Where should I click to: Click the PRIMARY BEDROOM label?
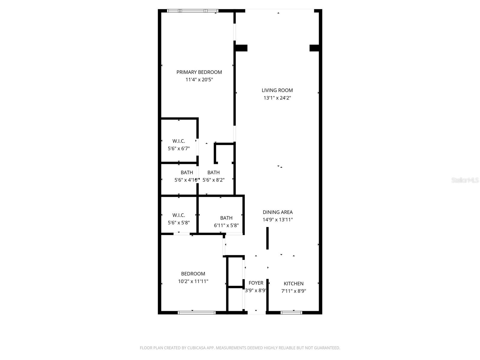click(x=199, y=72)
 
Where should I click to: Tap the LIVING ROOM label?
click(x=277, y=90)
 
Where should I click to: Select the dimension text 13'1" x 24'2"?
click(x=277, y=98)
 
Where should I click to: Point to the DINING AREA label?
click(x=278, y=212)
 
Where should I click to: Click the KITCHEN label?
click(x=294, y=283)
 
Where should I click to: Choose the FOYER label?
click(x=256, y=283)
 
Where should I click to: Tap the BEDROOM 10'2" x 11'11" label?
click(x=193, y=274)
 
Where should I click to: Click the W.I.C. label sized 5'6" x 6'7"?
click(x=179, y=141)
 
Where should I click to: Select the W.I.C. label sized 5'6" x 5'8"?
click(x=179, y=215)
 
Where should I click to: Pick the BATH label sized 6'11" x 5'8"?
click(x=226, y=218)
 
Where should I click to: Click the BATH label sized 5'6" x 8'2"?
click(x=214, y=172)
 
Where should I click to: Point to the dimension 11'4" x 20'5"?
click(x=199, y=80)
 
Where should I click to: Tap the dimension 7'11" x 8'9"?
click(x=294, y=291)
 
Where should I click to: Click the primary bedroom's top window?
click(x=193, y=11)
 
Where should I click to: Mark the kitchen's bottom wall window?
click(x=291, y=313)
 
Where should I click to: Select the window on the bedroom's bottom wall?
click(x=196, y=313)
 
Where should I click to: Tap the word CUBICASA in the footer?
click(x=199, y=348)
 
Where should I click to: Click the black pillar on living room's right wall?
click(x=314, y=48)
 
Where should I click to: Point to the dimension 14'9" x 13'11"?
click(x=278, y=220)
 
